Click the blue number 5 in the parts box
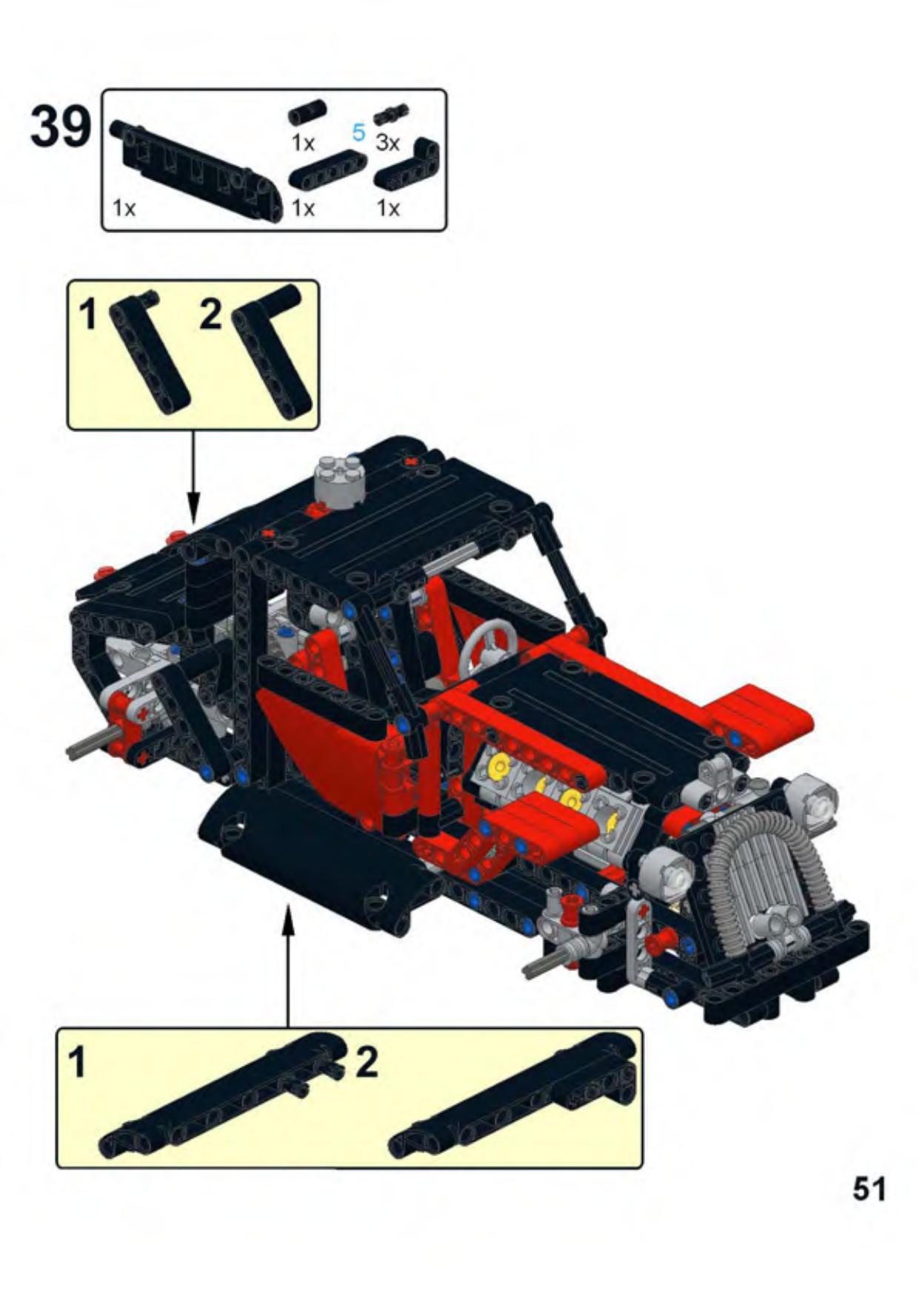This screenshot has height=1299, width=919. coord(358,133)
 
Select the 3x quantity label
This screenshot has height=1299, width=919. coord(387,142)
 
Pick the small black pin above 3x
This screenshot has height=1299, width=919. coord(392,115)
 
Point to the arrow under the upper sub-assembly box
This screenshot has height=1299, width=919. coord(193,477)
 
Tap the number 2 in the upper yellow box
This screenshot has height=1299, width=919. coord(211,315)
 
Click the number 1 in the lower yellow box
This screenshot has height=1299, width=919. coord(77,1063)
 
